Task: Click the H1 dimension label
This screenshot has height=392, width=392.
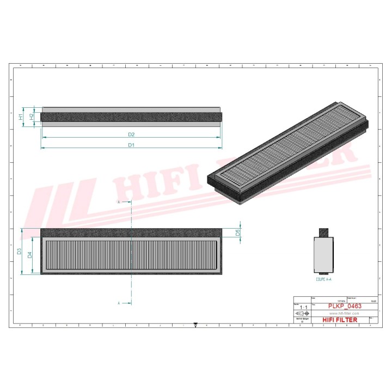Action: click(x=21, y=117)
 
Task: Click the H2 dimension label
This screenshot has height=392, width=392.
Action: click(x=32, y=116)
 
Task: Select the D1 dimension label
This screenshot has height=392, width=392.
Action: click(x=131, y=145)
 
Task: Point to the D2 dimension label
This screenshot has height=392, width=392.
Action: click(x=131, y=134)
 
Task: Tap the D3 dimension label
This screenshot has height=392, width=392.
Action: click(x=19, y=251)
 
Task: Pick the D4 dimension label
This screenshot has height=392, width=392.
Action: click(x=30, y=254)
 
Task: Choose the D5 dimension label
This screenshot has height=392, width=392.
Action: click(x=238, y=232)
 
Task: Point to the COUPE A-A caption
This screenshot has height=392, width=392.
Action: click(x=323, y=279)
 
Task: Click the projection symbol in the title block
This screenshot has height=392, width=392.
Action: click(x=302, y=314)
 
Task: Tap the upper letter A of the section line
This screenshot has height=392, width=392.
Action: click(x=119, y=202)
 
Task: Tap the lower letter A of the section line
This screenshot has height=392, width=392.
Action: click(x=119, y=302)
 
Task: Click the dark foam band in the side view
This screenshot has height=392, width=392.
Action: click(x=131, y=117)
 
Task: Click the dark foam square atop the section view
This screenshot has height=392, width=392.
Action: click(x=323, y=231)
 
